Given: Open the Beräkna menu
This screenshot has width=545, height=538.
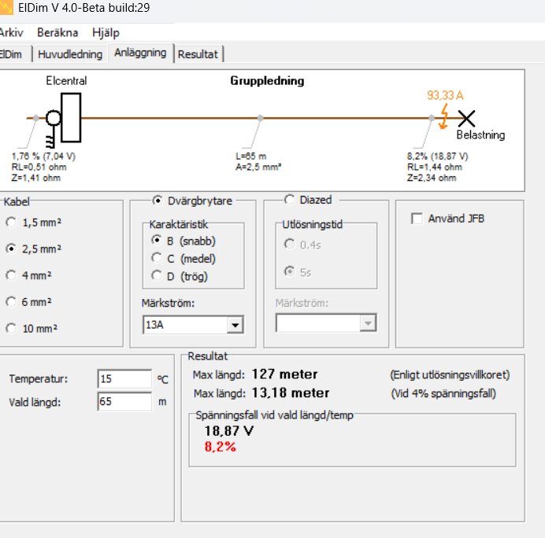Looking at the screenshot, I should click(56, 33).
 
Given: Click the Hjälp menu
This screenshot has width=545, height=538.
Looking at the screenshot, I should click(106, 33).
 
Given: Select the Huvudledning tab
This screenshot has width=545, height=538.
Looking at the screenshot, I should click(71, 54).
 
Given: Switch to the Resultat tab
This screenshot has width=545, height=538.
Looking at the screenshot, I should click(198, 54).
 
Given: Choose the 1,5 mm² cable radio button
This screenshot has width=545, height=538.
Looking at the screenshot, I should click(11, 222).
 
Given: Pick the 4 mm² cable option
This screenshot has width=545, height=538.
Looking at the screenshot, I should click(11, 275).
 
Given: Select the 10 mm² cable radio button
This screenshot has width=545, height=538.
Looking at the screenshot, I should click(11, 329).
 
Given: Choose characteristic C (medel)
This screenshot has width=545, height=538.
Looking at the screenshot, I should click(157, 258).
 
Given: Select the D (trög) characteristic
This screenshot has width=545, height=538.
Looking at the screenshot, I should click(157, 275).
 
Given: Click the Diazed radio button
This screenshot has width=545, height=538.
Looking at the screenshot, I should click(289, 200).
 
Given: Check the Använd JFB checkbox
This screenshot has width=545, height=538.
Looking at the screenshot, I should click(417, 219).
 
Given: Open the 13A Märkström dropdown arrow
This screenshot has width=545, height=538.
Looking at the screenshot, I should click(234, 324).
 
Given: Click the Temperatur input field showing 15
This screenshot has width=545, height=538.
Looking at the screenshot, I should click(124, 378).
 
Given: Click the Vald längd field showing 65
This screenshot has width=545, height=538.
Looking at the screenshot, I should click(124, 401).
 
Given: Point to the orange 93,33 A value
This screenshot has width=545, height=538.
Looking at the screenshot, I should click(445, 95).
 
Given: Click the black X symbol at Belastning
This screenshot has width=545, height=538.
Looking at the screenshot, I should click(467, 118).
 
